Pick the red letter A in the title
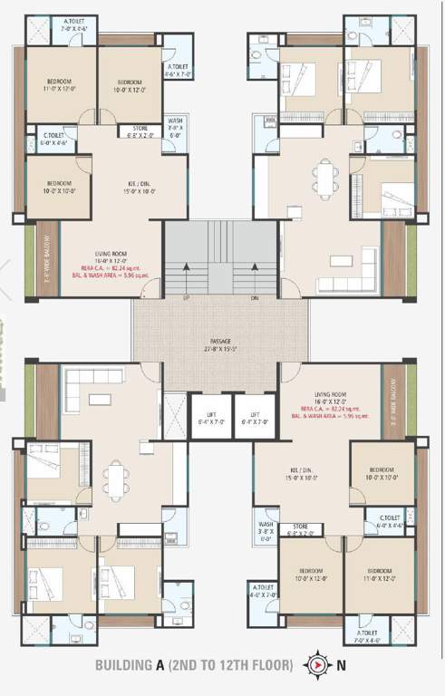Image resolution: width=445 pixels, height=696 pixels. point(160,665)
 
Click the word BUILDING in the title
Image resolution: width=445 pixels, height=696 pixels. point(125,665)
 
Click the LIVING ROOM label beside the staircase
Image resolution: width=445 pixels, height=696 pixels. point(115,256)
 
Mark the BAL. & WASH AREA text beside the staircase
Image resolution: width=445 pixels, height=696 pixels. point(115,275)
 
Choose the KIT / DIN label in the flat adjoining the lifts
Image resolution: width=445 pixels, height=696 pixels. point(305,469)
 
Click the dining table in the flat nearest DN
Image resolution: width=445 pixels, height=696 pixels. point(326,176)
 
